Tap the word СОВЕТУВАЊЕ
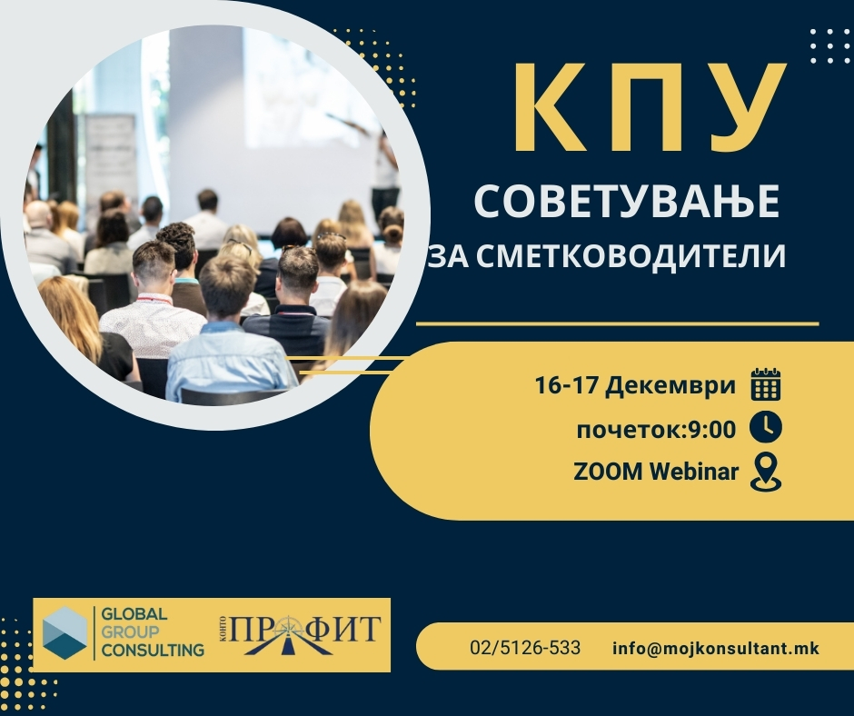tap(627, 202)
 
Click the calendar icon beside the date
tap(766, 385)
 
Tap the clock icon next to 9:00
tap(766, 428)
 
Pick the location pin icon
tap(766, 472)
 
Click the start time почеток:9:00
tap(656, 429)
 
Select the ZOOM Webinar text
tap(656, 472)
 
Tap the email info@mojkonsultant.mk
tap(716, 649)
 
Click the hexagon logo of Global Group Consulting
tap(65, 633)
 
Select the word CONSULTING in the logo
tap(153, 651)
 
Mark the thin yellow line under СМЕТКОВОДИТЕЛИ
tap(617, 323)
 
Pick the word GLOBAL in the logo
tap(134, 616)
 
